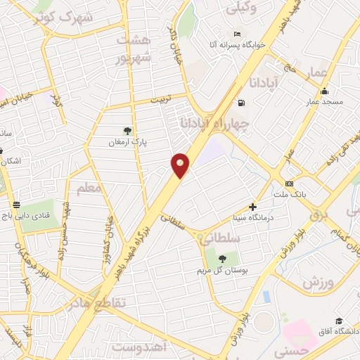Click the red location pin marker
(181, 165)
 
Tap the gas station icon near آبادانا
(242, 103)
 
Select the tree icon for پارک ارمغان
(127, 131)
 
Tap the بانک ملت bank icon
(288, 174)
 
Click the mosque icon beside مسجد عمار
(324, 91)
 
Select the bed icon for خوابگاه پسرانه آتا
(237, 34)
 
